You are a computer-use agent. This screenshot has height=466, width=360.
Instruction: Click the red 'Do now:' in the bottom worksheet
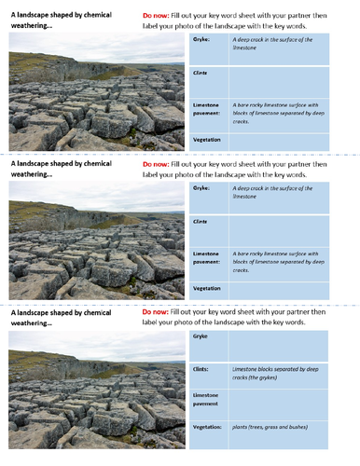click(x=157, y=310)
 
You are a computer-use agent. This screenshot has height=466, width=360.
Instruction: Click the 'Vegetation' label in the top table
click(x=207, y=138)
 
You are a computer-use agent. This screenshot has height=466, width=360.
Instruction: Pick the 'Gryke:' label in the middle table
click(x=202, y=187)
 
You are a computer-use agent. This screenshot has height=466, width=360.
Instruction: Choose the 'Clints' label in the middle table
click(x=200, y=222)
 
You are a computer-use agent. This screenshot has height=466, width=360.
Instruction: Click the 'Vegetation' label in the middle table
click(x=207, y=288)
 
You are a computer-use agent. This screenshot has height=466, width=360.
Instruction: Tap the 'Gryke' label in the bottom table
click(x=201, y=336)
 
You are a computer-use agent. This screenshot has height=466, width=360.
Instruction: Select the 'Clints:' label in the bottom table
click(x=201, y=369)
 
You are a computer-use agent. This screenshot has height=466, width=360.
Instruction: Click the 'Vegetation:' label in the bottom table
click(x=208, y=427)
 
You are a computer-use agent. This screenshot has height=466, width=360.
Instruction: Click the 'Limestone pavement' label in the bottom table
click(x=209, y=400)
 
